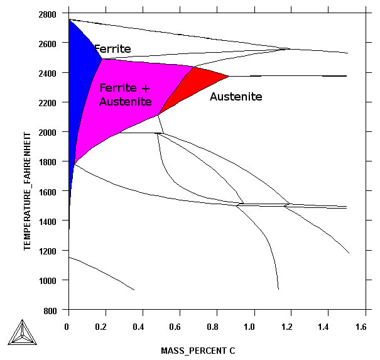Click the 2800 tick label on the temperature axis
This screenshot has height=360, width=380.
point(47,14)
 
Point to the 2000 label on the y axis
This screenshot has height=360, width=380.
point(47,133)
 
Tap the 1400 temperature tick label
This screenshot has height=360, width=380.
point(47,221)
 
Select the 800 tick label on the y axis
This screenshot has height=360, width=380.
point(50,311)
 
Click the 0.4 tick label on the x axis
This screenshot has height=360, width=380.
point(138,327)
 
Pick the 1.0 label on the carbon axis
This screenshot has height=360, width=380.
point(249,327)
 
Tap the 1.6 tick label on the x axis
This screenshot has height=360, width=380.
point(361,327)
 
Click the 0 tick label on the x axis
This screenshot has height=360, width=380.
point(67,327)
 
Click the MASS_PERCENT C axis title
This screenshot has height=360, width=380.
point(198,351)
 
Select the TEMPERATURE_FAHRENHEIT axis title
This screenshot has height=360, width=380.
point(28,191)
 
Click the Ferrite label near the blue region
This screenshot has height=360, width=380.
point(112,49)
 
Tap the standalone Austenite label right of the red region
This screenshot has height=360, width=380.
point(236,97)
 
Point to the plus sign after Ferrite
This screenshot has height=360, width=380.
point(146,88)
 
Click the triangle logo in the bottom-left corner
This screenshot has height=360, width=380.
point(22,332)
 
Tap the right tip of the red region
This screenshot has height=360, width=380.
point(229,77)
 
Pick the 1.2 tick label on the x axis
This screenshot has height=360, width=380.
point(286,327)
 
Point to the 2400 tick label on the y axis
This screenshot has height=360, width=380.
point(47,74)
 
